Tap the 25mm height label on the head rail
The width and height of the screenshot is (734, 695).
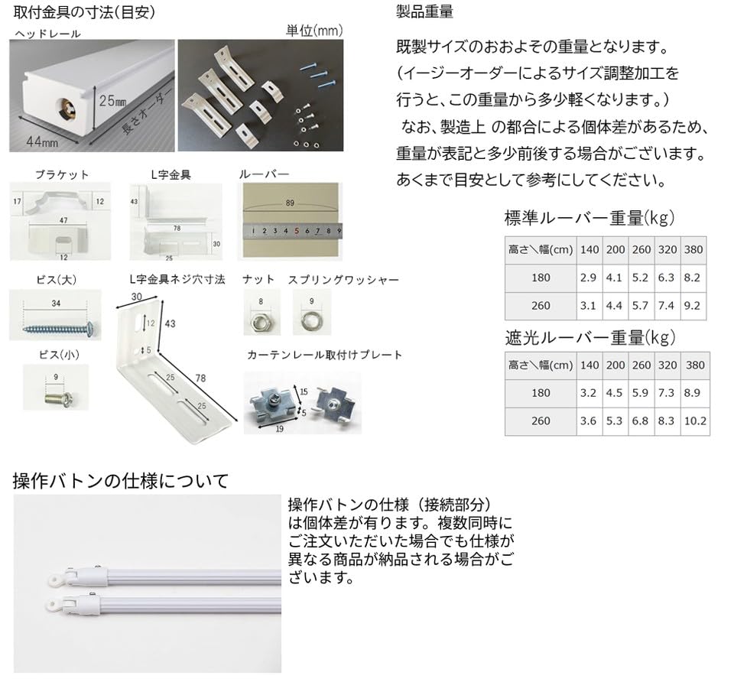[x=112, y=100]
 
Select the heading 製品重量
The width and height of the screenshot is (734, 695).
[x=425, y=11]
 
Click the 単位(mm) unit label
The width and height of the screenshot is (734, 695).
[x=313, y=31]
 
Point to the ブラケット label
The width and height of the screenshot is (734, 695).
[x=62, y=174]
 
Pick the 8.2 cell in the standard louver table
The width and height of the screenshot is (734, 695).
[x=692, y=278]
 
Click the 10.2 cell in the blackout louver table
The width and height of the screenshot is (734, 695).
[x=695, y=421]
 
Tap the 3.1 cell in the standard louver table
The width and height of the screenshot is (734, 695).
[x=589, y=306]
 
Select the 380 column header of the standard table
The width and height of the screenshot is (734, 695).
[x=692, y=249]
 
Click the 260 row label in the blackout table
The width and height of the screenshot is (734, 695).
[x=541, y=421]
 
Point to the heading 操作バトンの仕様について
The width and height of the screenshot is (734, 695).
[x=121, y=481]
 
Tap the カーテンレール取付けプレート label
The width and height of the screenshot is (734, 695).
[x=325, y=355]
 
